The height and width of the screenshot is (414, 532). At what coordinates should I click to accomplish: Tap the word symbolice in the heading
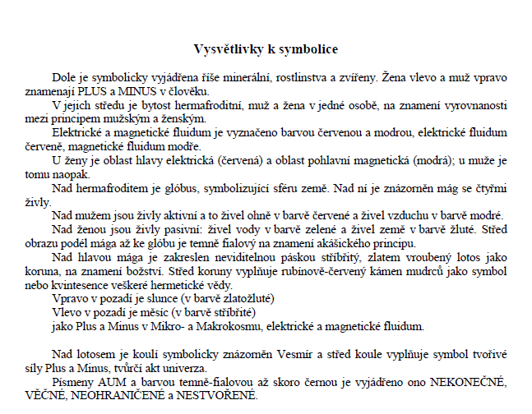coord(308,49)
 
